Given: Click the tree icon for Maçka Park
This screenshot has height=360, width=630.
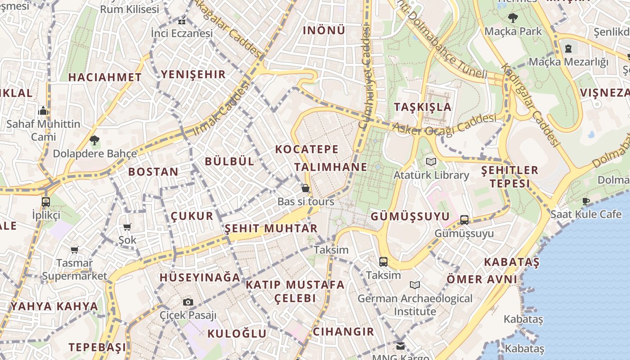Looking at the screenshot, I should pyautogui.click(x=513, y=18).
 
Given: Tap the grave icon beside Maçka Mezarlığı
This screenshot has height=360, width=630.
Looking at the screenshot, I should pyautogui.click(x=568, y=48).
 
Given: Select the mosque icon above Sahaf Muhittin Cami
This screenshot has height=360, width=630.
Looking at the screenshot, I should pyautogui.click(x=43, y=110).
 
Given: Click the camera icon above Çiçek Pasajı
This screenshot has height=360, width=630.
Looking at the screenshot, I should pyautogui.click(x=188, y=302).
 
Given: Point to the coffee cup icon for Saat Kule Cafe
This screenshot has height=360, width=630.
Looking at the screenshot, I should pyautogui.click(x=585, y=201).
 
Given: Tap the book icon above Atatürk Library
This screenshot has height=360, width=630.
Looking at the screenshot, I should pyautogui.click(x=431, y=162).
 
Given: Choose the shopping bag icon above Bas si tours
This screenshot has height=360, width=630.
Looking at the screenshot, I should pyautogui.click(x=306, y=188).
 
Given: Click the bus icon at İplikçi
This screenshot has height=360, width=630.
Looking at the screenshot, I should pyautogui.click(x=46, y=202).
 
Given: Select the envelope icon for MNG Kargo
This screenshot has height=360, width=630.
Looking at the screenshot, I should pyautogui.click(x=400, y=346).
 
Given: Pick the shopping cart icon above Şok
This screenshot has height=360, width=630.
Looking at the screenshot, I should pyautogui.click(x=127, y=227).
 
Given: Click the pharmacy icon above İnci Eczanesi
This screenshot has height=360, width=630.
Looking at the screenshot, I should pyautogui.click(x=182, y=21).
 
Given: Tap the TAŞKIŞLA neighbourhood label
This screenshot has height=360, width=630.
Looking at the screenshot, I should pyautogui.click(x=423, y=107).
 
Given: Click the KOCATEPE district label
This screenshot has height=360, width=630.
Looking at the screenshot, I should pyautogui.click(x=306, y=149).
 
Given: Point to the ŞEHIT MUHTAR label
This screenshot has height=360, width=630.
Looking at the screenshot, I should pyautogui.click(x=271, y=228).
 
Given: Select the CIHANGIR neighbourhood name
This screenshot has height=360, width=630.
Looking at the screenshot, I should pyautogui.click(x=343, y=332).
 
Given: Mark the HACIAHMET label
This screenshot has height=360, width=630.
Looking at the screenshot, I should pyautogui.click(x=105, y=77).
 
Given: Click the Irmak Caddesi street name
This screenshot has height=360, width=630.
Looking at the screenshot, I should pyautogui.click(x=221, y=109).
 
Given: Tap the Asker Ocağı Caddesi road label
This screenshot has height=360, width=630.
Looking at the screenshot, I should pyautogui.click(x=445, y=124).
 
